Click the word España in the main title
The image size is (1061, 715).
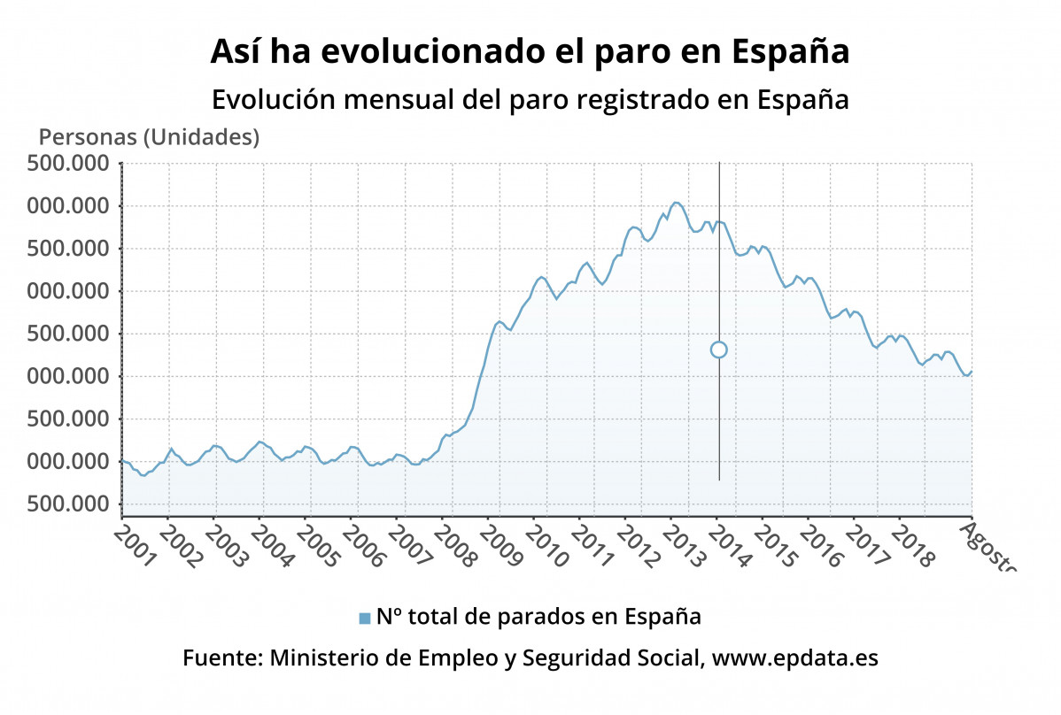click(791, 52)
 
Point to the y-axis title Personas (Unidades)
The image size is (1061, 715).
click(149, 137)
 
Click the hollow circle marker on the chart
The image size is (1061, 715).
click(718, 350)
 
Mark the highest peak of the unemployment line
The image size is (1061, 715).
click(676, 203)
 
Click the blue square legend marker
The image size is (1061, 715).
click(364, 618)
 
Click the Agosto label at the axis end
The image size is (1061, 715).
click(987, 544)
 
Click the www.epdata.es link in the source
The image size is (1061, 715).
click(795, 659)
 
